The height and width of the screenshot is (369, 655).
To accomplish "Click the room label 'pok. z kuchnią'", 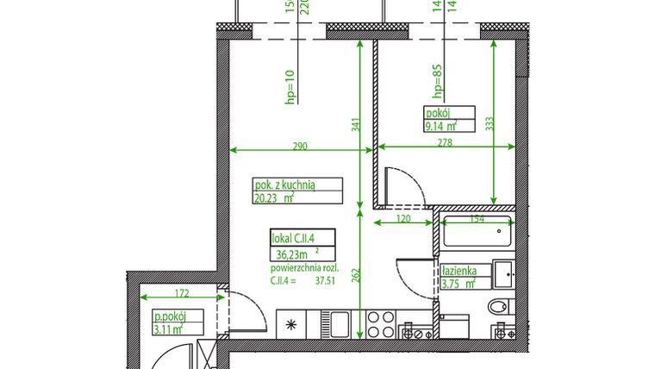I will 285,184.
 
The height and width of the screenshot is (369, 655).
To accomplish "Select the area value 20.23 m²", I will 274,197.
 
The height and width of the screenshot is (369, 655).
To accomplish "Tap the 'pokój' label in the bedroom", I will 437,113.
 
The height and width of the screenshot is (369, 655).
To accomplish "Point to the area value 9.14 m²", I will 440,126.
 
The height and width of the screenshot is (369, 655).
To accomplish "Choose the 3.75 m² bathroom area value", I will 458,283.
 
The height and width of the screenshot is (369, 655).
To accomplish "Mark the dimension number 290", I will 299,146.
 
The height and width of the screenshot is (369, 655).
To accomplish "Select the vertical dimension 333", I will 490,124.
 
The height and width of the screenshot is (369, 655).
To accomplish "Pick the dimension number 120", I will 402,219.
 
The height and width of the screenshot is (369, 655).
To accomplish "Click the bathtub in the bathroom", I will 476,235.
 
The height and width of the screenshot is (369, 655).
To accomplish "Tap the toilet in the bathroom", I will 498,307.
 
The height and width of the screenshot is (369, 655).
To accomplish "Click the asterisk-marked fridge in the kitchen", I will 290,325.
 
